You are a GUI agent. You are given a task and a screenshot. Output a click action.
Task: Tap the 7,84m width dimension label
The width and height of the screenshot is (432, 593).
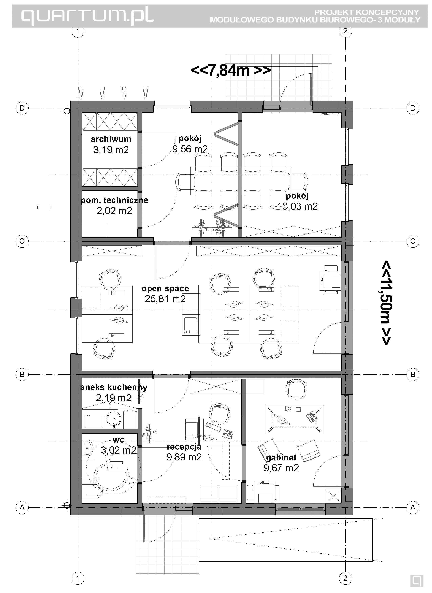(230, 70)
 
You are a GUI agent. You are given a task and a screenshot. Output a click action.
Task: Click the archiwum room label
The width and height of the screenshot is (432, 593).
(111, 139)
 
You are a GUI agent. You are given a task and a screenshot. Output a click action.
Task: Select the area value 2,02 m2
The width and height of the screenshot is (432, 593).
(114, 211)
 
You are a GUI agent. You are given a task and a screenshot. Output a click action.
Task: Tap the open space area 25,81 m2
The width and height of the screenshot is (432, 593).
(165, 299)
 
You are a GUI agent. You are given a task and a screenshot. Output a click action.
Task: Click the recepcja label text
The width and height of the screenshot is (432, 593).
(184, 447)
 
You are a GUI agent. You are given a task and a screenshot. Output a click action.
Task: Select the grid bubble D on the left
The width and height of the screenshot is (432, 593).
(22, 108)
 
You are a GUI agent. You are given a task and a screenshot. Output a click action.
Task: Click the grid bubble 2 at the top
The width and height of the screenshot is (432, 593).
(345, 31)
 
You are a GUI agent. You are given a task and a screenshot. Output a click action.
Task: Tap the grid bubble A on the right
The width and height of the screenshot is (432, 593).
(413, 507)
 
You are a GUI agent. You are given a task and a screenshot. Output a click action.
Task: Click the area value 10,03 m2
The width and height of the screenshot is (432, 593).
(297, 207)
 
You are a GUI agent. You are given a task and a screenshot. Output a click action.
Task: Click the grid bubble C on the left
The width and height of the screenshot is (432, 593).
(22, 241)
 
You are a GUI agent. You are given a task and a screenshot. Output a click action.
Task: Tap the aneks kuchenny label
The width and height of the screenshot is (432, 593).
(114, 387)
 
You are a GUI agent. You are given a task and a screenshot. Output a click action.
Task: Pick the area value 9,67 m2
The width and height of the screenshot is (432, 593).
(281, 468)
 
